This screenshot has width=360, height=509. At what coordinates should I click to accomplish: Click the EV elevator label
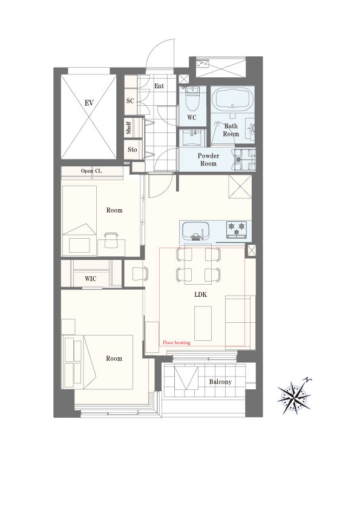pyautogui.click(x=89, y=103)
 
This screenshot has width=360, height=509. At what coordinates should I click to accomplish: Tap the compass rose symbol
pyautogui.click(x=295, y=395)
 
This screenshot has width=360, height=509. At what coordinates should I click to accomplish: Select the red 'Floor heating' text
pyautogui.click(x=177, y=343)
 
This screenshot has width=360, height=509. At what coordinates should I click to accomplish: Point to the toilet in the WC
pyautogui.click(x=192, y=97)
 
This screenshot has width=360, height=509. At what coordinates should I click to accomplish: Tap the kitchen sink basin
pyautogui.click(x=195, y=230)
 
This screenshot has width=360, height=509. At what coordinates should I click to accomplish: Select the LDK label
pyautogui.click(x=200, y=295)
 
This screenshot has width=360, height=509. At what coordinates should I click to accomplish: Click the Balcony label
pyautogui.click(x=220, y=382)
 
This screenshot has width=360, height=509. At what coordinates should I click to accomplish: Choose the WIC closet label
pyautogui.click(x=90, y=279)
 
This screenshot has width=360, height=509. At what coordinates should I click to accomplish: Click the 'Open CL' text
pyautogui.click(x=91, y=170)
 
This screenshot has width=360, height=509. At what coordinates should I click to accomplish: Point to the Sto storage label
pyautogui.click(x=133, y=149)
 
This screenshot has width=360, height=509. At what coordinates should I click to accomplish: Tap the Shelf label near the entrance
pyautogui.click(x=129, y=128)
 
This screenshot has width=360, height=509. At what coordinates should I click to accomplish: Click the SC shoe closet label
pyautogui.click(x=130, y=100)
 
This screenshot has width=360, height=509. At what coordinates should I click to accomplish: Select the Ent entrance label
pyautogui.click(x=159, y=86)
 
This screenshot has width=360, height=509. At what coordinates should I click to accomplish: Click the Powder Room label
pyautogui.click(x=208, y=160)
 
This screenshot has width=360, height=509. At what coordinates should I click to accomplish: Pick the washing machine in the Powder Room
pyautogui.click(x=243, y=160)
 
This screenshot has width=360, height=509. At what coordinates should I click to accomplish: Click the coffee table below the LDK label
pyautogui.click(x=203, y=323)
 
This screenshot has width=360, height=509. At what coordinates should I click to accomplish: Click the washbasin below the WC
pyautogui.click(x=194, y=138)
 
